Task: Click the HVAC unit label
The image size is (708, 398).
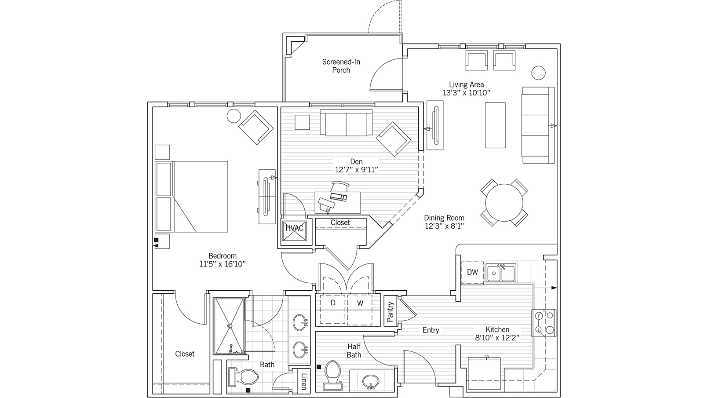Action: [x=295, y=228]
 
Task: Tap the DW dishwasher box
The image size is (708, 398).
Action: [x=472, y=272]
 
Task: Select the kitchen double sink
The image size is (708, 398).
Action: [x=500, y=274]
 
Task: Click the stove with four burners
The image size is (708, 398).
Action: [x=544, y=323]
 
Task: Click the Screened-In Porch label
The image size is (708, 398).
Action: [x=341, y=66]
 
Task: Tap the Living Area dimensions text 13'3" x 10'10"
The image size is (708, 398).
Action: [x=466, y=93]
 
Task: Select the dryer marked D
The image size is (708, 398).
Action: [x=333, y=303]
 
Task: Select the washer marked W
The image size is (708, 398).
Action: [x=360, y=303]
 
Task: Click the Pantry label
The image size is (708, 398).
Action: [x=390, y=311]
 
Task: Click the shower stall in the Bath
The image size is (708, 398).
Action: [x=229, y=326]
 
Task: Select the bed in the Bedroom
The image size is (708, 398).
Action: [x=192, y=197]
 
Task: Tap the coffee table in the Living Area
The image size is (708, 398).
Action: [x=495, y=125]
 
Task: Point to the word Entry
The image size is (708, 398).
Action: [x=431, y=330]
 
